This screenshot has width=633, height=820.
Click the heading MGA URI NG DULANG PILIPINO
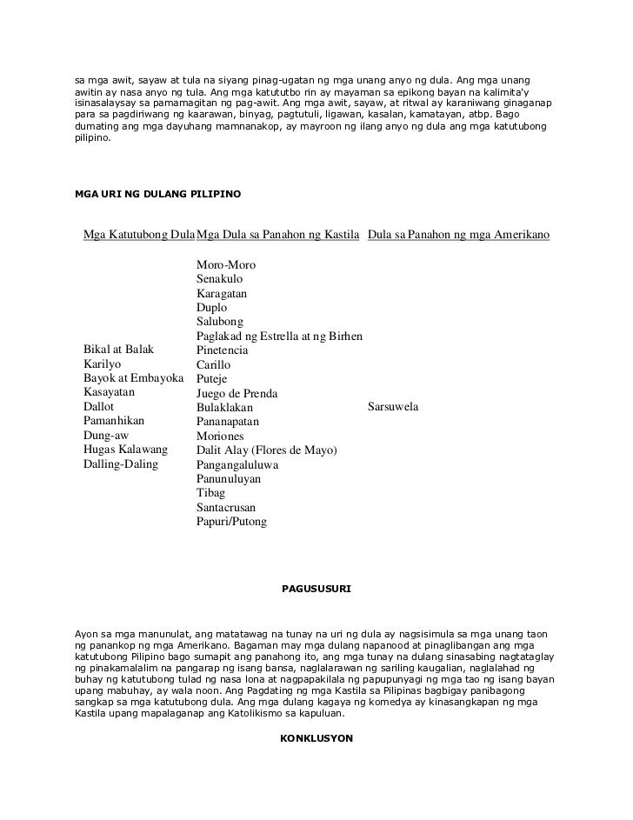[x=158, y=191]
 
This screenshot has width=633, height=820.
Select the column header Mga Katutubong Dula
[x=138, y=235]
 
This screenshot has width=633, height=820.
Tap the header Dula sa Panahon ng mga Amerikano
[x=458, y=235]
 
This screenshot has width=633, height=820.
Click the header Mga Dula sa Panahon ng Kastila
[x=278, y=235]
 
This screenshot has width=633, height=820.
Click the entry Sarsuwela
[x=394, y=407]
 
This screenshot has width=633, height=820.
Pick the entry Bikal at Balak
[x=118, y=350]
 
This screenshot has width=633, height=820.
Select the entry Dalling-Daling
[x=120, y=463]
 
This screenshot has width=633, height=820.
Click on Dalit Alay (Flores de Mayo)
[x=267, y=450]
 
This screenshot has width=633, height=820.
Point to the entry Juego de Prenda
[x=237, y=393]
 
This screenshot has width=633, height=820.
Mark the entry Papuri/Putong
[x=232, y=522]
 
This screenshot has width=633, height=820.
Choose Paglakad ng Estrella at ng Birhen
[x=279, y=337]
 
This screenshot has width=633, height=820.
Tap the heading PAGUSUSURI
[x=316, y=589]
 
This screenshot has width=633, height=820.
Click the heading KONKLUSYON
[x=316, y=738]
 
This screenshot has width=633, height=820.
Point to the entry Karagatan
[x=222, y=294]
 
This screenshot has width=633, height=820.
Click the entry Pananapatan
[x=228, y=422]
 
